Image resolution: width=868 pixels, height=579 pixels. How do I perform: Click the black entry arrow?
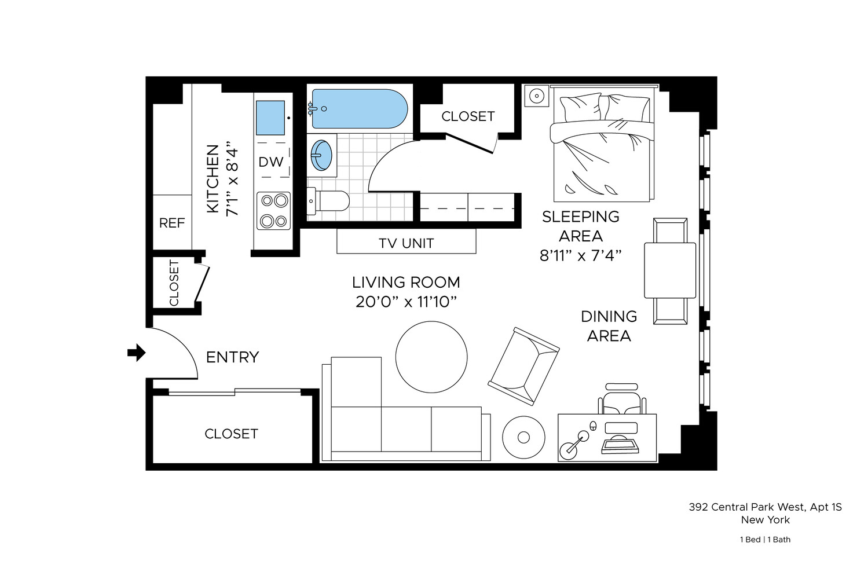(x=137, y=352)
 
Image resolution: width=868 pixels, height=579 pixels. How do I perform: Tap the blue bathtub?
(x=359, y=109)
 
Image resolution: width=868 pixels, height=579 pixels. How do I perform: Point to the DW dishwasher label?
(x=271, y=162)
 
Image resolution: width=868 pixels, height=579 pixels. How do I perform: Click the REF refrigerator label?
(x=172, y=223)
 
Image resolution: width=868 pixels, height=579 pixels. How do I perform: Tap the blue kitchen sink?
(x=270, y=118)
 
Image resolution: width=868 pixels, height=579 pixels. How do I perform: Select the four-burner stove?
(x=274, y=211)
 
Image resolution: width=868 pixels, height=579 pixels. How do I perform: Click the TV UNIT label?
(x=406, y=243)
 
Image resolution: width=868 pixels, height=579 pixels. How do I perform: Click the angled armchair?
(x=523, y=366)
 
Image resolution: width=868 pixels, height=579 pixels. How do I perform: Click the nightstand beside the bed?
(x=537, y=96)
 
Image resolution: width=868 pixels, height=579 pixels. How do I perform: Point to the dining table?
(x=670, y=270)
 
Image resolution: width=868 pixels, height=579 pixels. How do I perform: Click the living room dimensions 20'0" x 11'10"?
(x=406, y=302)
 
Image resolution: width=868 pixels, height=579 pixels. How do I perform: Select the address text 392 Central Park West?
(x=764, y=507)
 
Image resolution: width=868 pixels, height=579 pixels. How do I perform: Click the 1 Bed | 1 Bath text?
(x=764, y=540)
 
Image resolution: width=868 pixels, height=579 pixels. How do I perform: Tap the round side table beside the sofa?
(x=523, y=438)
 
